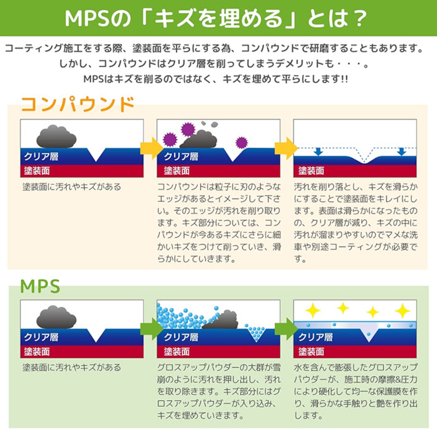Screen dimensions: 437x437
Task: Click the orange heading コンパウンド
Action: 78,104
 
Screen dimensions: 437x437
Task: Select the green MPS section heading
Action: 40,286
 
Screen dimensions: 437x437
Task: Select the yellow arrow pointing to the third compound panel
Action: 286,148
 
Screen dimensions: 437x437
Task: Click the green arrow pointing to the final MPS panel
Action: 286,329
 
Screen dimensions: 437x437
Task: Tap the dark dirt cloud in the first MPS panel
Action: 56,317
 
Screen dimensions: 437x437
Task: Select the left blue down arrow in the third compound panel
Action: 319,151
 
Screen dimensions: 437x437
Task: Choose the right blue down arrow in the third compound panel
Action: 402,151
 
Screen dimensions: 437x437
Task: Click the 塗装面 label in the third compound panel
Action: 311,171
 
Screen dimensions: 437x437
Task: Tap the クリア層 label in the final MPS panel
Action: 315,337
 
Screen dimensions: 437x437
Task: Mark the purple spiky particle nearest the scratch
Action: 241,142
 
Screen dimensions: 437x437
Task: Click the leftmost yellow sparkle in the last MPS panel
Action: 312,310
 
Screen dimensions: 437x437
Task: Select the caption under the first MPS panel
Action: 72,367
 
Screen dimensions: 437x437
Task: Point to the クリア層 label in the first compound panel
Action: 41,157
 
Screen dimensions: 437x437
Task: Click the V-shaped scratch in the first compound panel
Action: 96,154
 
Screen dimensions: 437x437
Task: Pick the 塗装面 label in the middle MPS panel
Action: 177,352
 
